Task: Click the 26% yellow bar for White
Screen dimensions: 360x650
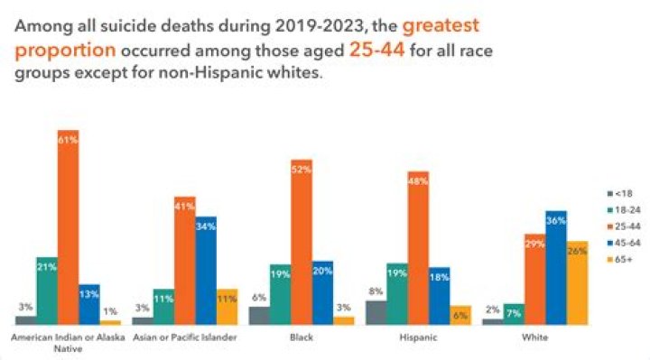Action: (x=577, y=282)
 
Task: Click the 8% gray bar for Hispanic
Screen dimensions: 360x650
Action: (x=376, y=312)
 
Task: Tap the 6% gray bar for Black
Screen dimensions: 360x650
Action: (x=259, y=315)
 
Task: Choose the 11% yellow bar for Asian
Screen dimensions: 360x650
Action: (x=227, y=307)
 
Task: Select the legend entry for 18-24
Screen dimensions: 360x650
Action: (x=622, y=210)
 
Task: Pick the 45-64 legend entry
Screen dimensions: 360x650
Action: (x=622, y=244)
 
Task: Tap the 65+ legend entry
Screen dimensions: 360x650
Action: (x=619, y=260)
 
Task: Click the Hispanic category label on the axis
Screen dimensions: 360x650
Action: (x=418, y=337)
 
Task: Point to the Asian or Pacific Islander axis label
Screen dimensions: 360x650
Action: (x=184, y=337)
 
